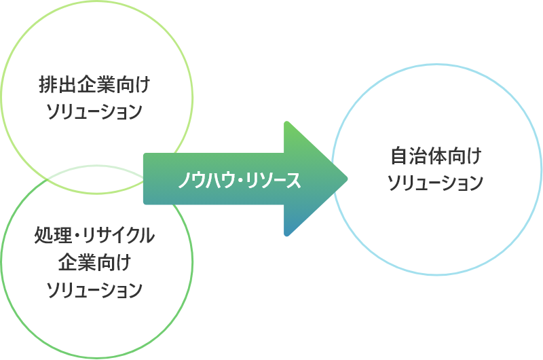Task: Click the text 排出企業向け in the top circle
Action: pos(94,87)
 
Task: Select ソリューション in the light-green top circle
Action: pos(94,111)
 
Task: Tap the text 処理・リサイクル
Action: pos(94,236)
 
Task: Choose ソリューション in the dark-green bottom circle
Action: pos(94,289)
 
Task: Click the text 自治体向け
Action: pos(435,156)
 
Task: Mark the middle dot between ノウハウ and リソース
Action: pos(238,181)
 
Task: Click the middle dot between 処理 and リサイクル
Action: pos(77,237)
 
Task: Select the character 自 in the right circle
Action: pos(398,156)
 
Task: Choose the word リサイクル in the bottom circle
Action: pos(119,236)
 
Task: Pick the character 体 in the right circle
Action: pos(435,156)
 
